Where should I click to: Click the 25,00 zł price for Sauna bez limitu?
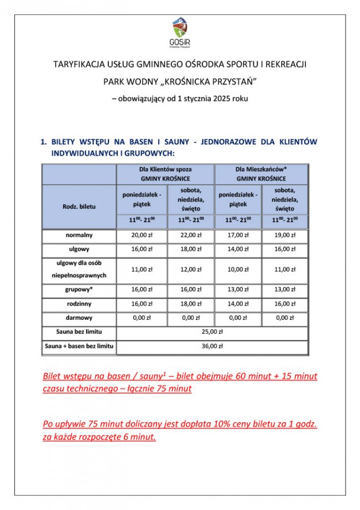tap(212, 332)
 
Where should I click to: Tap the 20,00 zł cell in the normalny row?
tap(142, 235)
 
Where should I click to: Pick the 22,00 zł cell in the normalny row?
tap(191, 235)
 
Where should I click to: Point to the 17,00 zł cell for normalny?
tap(238, 235)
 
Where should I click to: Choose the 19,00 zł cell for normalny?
tap(285, 235)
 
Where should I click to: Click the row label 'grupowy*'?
tap(79, 290)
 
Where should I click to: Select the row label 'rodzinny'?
tap(79, 304)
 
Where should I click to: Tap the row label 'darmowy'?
tap(79, 318)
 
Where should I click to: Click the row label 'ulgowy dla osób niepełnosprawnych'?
tap(79, 269)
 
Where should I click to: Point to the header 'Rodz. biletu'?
tap(79, 206)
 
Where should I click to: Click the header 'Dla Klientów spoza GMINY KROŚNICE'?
tap(166, 174)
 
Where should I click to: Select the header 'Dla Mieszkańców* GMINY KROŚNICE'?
tap(261, 174)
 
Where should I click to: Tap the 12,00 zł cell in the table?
tap(191, 269)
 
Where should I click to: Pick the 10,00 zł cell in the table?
tap(238, 269)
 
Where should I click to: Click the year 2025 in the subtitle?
tap(223, 98)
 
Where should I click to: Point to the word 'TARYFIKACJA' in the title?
tap(77, 64)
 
